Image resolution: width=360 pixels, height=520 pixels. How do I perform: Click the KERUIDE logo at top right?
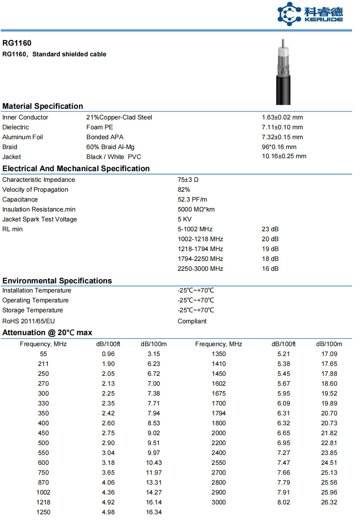click(x=310, y=14)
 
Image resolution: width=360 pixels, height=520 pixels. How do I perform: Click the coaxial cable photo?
click(x=283, y=72)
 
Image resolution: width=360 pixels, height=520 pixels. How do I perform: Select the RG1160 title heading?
click(x=17, y=43)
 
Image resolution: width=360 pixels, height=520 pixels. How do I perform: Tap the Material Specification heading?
click(x=43, y=106)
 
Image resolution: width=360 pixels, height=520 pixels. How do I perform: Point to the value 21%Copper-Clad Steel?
click(x=119, y=117)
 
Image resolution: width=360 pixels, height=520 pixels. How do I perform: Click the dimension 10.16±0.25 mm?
click(x=284, y=156)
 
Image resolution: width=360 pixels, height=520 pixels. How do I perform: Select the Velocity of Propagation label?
click(x=35, y=189)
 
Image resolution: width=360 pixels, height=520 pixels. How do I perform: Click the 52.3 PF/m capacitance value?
click(x=192, y=199)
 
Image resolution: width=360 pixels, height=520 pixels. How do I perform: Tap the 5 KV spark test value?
click(x=185, y=219)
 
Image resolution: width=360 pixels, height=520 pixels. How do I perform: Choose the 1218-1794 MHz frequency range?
click(x=200, y=249)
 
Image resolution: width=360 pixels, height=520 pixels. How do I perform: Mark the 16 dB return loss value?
click(x=270, y=269)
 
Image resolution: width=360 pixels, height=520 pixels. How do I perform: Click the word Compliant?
click(x=192, y=321)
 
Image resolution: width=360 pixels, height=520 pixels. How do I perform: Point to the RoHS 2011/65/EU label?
click(x=29, y=321)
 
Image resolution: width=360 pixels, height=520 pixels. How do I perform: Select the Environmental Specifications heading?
click(x=57, y=281)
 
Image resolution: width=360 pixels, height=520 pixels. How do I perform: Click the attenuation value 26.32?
click(x=329, y=502)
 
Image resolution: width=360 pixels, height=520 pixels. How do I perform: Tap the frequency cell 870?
click(x=43, y=482)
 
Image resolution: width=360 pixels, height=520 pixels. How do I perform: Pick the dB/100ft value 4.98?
click(x=108, y=512)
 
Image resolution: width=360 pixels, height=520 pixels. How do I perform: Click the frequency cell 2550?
click(x=218, y=463)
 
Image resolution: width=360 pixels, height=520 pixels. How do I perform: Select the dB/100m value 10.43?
click(x=154, y=463)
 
